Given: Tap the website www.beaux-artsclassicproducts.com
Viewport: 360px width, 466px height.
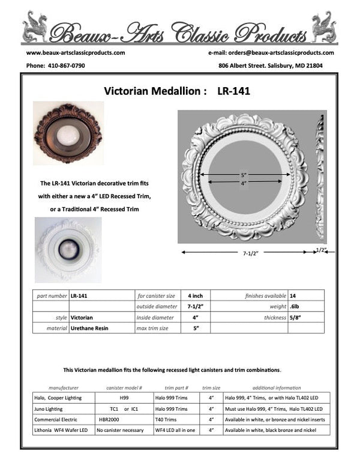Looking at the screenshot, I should click(x=76, y=52).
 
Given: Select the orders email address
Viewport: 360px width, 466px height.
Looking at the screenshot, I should click(x=283, y=52).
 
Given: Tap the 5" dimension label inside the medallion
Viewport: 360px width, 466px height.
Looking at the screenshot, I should click(x=244, y=174).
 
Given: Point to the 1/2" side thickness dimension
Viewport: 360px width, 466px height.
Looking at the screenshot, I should click(x=321, y=249).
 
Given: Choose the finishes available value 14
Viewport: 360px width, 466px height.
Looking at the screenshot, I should click(x=292, y=295).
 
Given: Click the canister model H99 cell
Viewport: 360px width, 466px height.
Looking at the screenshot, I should click(x=124, y=398).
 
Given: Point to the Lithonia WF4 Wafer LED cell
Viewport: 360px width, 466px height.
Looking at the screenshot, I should click(x=61, y=431).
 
